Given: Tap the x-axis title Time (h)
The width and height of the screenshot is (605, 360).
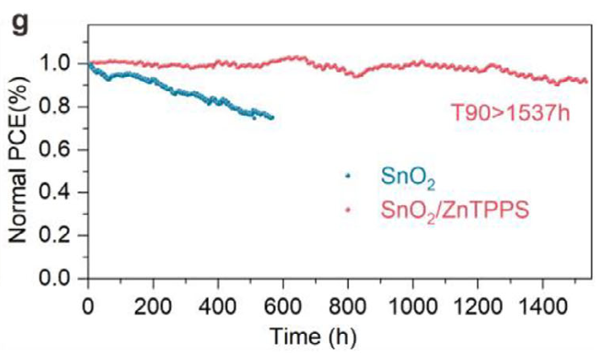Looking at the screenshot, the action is pyautogui.click(x=313, y=335).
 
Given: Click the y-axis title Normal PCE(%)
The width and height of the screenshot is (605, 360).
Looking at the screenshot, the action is pyautogui.click(x=19, y=159).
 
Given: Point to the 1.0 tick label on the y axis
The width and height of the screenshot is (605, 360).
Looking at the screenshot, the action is pyautogui.click(x=56, y=63).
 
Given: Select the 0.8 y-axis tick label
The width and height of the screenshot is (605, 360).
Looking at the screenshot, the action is pyautogui.click(x=56, y=106).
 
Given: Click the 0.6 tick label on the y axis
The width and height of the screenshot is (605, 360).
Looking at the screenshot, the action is pyautogui.click(x=56, y=150).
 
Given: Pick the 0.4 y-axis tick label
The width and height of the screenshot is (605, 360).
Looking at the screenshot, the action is pyautogui.click(x=56, y=192).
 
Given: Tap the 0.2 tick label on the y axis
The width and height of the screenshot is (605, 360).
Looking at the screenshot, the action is pyautogui.click(x=56, y=235).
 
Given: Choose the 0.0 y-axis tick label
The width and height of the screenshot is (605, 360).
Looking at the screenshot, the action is pyautogui.click(x=56, y=278).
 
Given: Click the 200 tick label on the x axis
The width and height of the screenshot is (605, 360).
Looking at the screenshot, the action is pyautogui.click(x=153, y=307).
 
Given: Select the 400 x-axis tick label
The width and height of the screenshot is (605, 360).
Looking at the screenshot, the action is pyautogui.click(x=218, y=307).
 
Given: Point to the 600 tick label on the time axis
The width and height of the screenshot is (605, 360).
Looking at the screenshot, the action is pyautogui.click(x=283, y=307).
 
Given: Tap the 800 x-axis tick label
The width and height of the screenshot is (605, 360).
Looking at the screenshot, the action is pyautogui.click(x=348, y=307).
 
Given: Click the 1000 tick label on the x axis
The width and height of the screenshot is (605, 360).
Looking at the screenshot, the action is pyautogui.click(x=413, y=307).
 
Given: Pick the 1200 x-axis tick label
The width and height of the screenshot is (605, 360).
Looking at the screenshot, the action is pyautogui.click(x=477, y=307).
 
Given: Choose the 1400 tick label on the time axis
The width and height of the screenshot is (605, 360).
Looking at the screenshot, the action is pyautogui.click(x=542, y=307).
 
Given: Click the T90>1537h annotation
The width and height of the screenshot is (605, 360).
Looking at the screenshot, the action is pyautogui.click(x=510, y=113).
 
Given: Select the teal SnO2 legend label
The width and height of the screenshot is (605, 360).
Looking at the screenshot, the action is pyautogui.click(x=408, y=177).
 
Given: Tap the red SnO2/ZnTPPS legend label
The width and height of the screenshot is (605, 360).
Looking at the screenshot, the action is pyautogui.click(x=455, y=211).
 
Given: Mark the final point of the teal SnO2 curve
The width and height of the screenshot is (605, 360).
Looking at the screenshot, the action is pyautogui.click(x=272, y=117).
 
